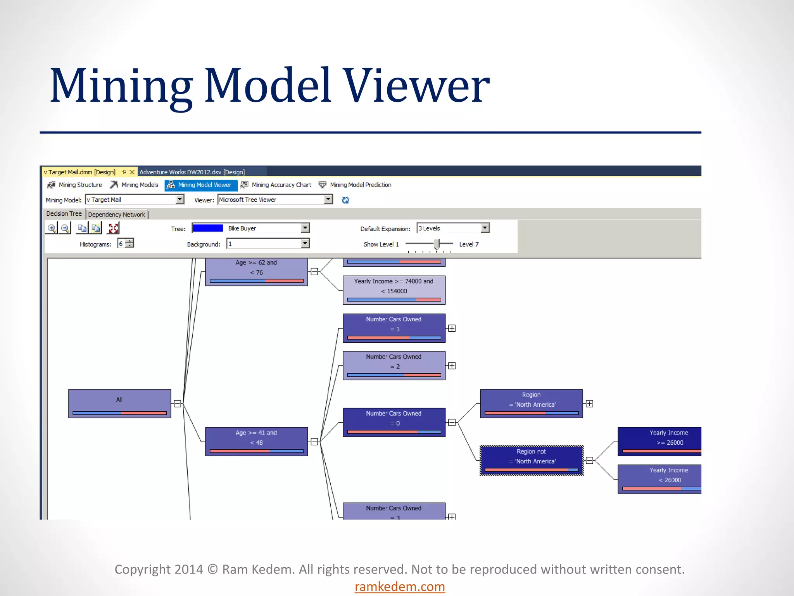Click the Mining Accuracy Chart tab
[276, 185]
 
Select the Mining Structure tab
[75, 185]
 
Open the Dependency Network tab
[116, 215]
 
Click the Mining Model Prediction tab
[355, 185]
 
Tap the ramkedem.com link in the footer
[400, 586]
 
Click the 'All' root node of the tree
[119, 403]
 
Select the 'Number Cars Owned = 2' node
[394, 366]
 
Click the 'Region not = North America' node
[532, 460]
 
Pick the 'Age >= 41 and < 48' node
[256, 442]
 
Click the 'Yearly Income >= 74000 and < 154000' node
[394, 290]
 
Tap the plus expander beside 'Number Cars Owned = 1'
[452, 329]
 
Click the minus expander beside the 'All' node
[178, 404]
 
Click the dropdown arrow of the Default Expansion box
[485, 228]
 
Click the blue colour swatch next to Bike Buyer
[208, 228]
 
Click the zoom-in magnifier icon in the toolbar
[52, 228]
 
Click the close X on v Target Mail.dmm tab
[132, 172]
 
